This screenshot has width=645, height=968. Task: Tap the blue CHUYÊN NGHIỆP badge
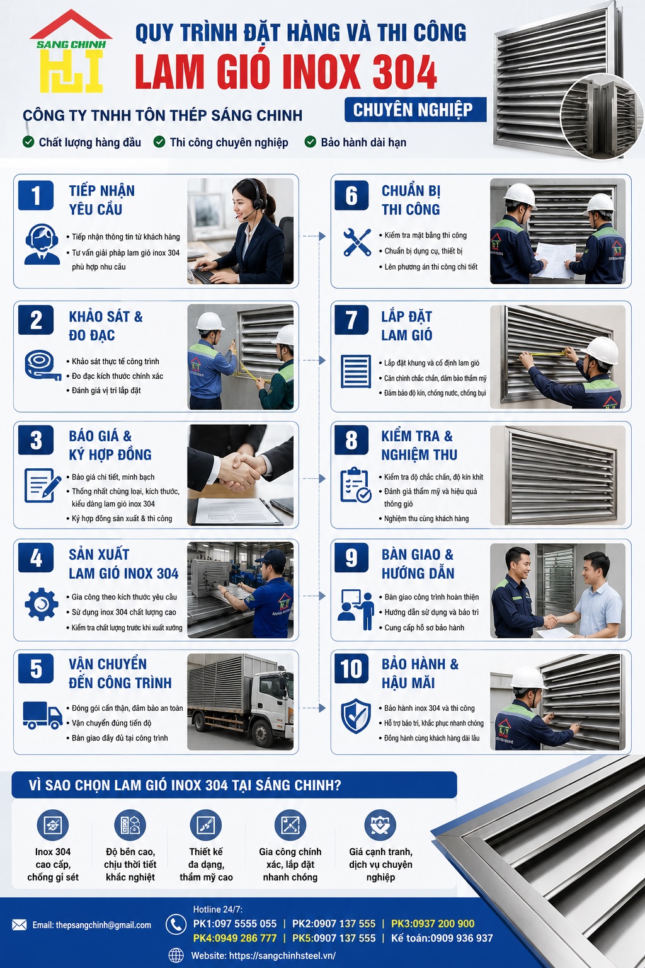coord(415,110)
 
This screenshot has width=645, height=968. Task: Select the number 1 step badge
coord(36,195)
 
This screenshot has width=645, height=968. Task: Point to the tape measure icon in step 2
coord(42,365)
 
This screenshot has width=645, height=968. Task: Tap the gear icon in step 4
coord(42,604)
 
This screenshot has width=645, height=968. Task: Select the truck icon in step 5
coord(42,715)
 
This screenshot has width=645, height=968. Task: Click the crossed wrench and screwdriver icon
coord(357,242)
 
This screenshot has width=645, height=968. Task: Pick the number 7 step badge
coord(351,320)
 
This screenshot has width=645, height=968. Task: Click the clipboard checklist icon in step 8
coord(355,485)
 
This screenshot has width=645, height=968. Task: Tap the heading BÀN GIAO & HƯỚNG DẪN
coord(418,564)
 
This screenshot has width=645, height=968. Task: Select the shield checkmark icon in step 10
coord(355,716)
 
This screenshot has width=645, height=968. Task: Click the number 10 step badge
coord(351,669)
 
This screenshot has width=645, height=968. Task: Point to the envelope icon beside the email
coord(20,925)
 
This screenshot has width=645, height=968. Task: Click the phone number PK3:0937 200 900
coord(433,923)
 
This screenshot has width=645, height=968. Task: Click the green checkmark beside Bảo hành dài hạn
coord(310,142)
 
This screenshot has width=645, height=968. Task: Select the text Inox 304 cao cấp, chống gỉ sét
coord(53,864)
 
